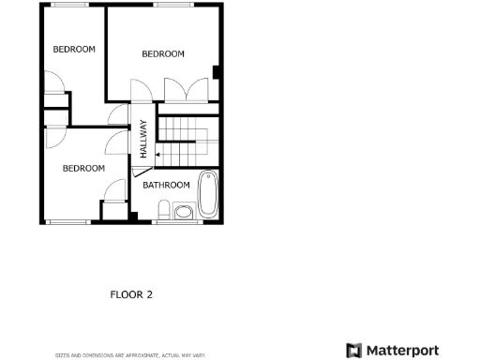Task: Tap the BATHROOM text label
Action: tap(166, 185)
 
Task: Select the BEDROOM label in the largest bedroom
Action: tap(163, 53)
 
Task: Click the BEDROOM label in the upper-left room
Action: tap(73, 49)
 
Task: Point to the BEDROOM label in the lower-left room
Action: tap(83, 168)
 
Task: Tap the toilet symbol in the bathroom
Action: tap(164, 209)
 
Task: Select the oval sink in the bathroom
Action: tap(183, 213)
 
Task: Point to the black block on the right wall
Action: tap(217, 72)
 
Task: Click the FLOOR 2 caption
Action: tap(131, 294)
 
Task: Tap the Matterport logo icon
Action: tap(353, 351)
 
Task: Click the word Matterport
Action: tap(401, 351)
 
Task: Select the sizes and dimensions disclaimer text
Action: tap(129, 355)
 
